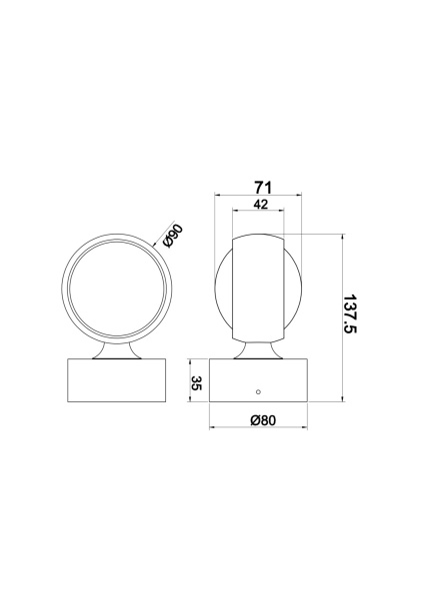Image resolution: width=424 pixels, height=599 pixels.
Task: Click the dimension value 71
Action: [263, 187]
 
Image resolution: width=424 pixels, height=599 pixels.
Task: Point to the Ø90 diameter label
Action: [172, 237]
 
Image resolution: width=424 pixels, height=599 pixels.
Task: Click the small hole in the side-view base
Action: [258, 391]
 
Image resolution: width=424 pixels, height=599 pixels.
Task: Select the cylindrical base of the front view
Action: [115, 381]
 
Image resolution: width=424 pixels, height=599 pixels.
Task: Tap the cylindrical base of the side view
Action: [258, 381]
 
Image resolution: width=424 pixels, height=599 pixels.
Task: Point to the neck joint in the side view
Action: [258, 348]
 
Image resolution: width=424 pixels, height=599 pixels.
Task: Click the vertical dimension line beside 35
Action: [207, 381]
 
